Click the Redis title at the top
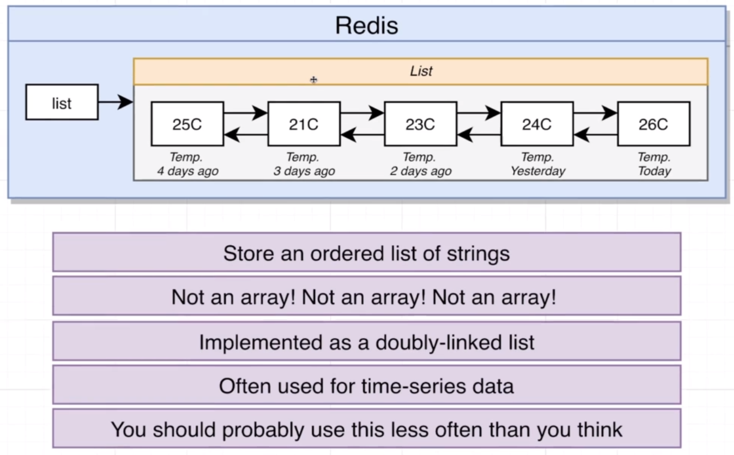click(x=366, y=25)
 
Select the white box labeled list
click(x=62, y=102)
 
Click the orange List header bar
click(x=421, y=71)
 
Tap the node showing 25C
click(x=187, y=124)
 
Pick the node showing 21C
click(x=304, y=124)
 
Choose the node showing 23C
click(x=421, y=124)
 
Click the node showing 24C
click(x=537, y=124)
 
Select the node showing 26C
click(x=653, y=124)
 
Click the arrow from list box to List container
click(x=115, y=102)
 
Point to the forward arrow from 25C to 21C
click(x=245, y=113)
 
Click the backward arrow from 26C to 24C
click(x=595, y=135)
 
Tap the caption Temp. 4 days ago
click(x=187, y=164)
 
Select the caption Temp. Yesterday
click(x=537, y=164)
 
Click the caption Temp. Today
click(x=654, y=164)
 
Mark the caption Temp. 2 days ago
click(x=421, y=164)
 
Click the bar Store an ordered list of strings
click(x=366, y=253)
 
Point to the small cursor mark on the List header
click(x=313, y=80)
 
